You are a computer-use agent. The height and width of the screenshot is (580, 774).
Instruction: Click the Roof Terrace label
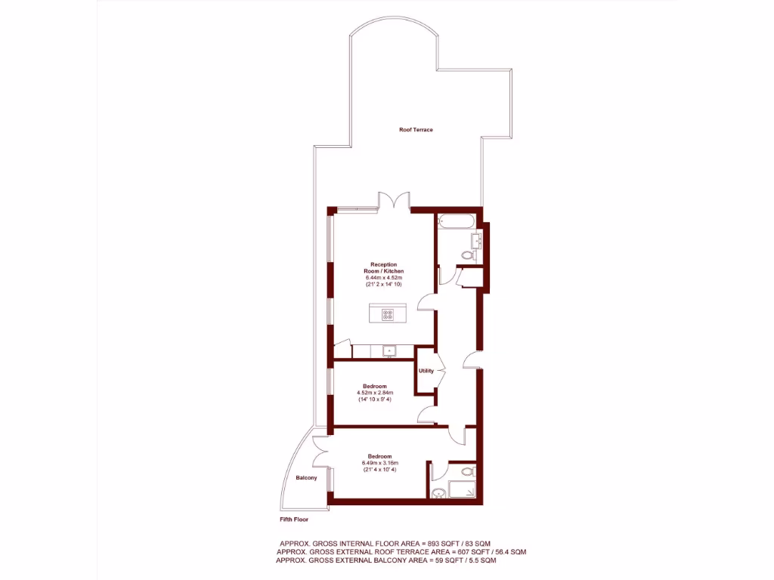[416, 130]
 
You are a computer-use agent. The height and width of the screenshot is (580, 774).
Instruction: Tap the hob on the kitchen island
[388, 314]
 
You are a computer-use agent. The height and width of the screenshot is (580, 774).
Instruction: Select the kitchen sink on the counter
[389, 350]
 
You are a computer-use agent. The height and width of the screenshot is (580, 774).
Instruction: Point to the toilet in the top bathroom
[468, 257]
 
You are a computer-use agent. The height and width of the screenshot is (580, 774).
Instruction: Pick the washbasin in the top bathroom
[477, 241]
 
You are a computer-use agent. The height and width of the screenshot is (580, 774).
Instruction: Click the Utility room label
[426, 371]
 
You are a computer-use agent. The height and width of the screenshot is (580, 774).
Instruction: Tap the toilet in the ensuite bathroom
[467, 471]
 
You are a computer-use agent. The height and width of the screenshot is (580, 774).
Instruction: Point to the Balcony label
[306, 478]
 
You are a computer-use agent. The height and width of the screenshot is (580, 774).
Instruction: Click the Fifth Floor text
[294, 520]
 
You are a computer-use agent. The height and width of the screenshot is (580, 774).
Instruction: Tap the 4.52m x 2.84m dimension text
[376, 393]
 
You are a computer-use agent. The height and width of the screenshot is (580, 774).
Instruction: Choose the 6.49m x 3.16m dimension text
[379, 463]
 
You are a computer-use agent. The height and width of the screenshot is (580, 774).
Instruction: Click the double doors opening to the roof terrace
[393, 201]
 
